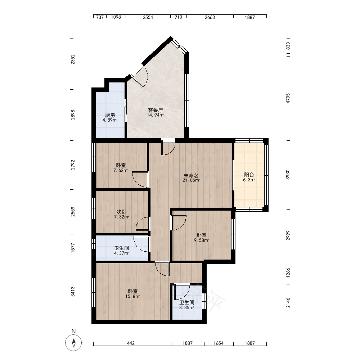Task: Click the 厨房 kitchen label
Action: point(110,115)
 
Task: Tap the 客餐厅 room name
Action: point(156,110)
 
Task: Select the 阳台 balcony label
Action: point(249,175)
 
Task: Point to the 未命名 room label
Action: point(191,176)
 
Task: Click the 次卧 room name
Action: point(121,212)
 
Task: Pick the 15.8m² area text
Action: point(133,296)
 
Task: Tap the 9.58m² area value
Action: point(201,240)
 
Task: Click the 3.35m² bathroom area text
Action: point(186,308)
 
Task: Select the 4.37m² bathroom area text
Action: point(121,253)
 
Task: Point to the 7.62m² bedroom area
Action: point(121,170)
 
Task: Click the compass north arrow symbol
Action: point(73,343)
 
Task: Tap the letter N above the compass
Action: point(73,331)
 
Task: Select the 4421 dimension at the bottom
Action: point(132,343)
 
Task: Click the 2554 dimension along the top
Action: point(148,17)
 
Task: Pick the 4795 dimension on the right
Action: point(288,98)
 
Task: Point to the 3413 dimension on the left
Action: point(73,292)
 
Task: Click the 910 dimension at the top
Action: point(178,17)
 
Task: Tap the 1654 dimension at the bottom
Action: point(219,343)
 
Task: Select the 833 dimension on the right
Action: point(288,45)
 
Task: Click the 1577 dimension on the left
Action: point(73,248)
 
